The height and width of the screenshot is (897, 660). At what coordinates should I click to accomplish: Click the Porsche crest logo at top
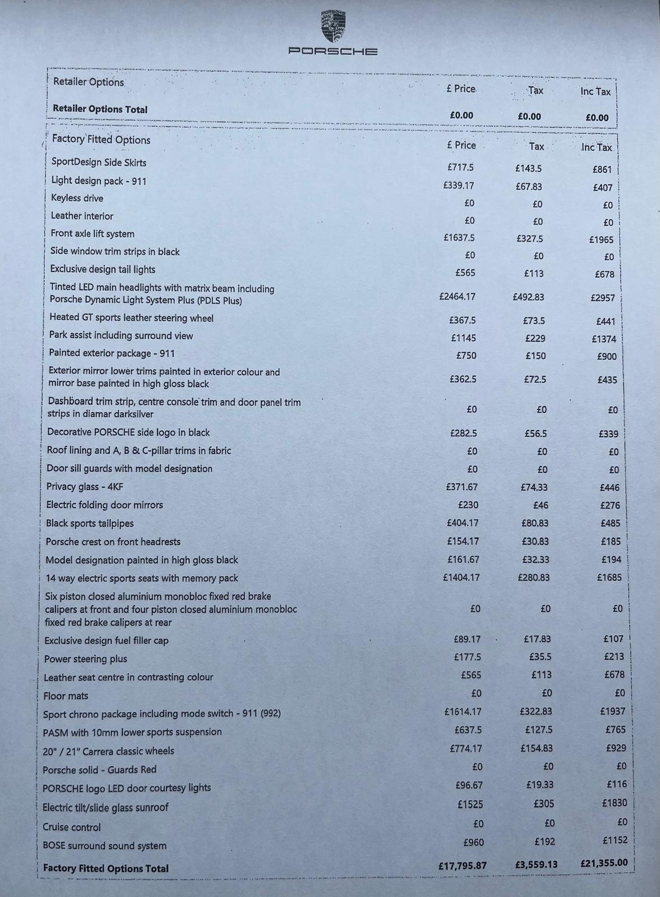coord(333,26)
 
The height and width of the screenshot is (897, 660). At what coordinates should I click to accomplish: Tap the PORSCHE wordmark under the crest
coord(333,52)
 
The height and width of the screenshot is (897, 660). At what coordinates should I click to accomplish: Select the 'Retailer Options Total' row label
coord(100,109)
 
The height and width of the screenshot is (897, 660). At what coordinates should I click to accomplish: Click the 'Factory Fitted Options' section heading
coord(101,140)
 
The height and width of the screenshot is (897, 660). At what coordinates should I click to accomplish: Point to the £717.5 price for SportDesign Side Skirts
coord(460,167)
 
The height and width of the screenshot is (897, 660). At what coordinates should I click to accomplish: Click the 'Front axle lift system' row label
coord(93,234)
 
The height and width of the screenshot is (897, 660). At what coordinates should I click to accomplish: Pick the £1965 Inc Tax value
coord(601,240)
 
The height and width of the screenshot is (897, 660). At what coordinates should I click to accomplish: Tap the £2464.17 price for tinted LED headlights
coord(458,297)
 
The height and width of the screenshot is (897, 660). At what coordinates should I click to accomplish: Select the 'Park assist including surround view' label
coord(121,336)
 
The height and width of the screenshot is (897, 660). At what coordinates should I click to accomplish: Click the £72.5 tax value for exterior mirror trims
coord(535,380)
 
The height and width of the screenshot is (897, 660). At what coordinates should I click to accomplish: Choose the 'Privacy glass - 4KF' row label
coord(85,487)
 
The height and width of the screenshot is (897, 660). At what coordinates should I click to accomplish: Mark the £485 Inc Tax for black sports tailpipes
coord(610,523)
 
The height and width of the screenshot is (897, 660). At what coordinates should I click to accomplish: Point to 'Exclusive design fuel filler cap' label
coord(107,640)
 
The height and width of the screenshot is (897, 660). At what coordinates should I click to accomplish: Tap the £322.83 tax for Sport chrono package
coord(536,711)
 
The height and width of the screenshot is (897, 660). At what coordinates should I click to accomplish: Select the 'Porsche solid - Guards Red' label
coord(99,770)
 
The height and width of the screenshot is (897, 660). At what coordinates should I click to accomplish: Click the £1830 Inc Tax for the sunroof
coord(615,803)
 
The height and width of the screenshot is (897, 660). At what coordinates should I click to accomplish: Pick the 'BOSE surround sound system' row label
coord(104,845)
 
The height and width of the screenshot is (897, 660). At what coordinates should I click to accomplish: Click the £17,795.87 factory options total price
coord(463,866)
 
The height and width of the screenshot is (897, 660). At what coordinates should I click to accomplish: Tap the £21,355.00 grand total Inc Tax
coord(604,863)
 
